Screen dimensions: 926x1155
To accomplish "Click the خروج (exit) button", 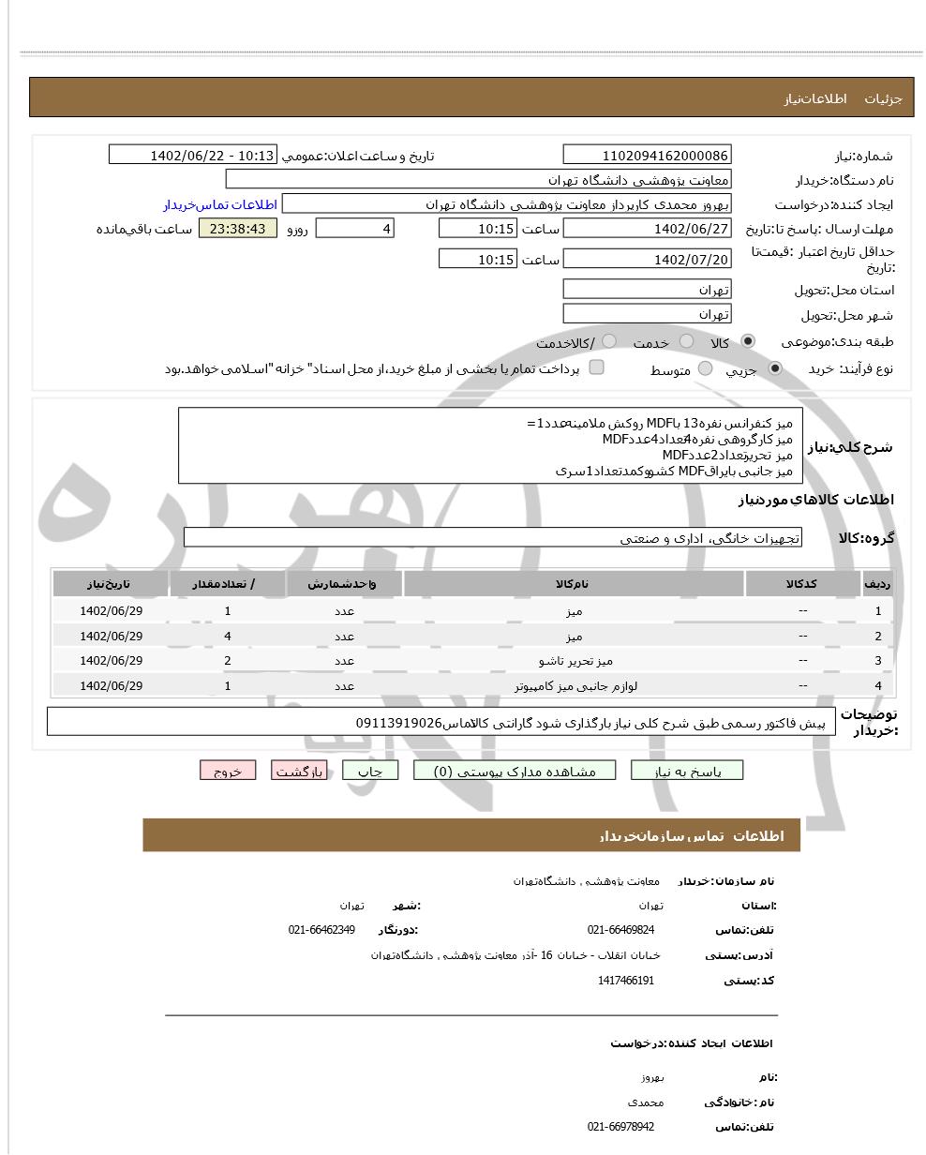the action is (227, 771).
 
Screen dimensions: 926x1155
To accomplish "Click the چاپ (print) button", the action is (370, 771).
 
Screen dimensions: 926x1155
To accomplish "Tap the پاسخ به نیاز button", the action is (687, 771).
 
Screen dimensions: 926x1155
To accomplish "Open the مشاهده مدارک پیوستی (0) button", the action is (515, 771).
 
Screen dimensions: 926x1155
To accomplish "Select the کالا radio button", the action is (747, 342).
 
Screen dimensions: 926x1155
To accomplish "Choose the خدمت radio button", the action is (686, 342).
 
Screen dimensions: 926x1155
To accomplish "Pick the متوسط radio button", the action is (705, 369).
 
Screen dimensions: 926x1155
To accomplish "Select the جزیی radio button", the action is (774, 369).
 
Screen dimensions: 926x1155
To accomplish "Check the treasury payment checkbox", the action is (596, 367).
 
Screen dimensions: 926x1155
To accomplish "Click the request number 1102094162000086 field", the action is (647, 156).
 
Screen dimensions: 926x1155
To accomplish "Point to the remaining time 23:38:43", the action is (238, 229).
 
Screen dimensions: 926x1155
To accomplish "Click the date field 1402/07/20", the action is (647, 260).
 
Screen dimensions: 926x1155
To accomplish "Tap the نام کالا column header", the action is (573, 584).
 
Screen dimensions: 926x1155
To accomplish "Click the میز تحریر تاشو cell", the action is (573, 661).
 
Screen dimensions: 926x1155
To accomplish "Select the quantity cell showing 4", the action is (228, 636).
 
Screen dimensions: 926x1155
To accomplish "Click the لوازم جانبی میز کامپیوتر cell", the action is (573, 685).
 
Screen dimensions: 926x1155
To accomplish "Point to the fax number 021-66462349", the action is (321, 930).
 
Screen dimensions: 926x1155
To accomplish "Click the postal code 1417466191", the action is (625, 981).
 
